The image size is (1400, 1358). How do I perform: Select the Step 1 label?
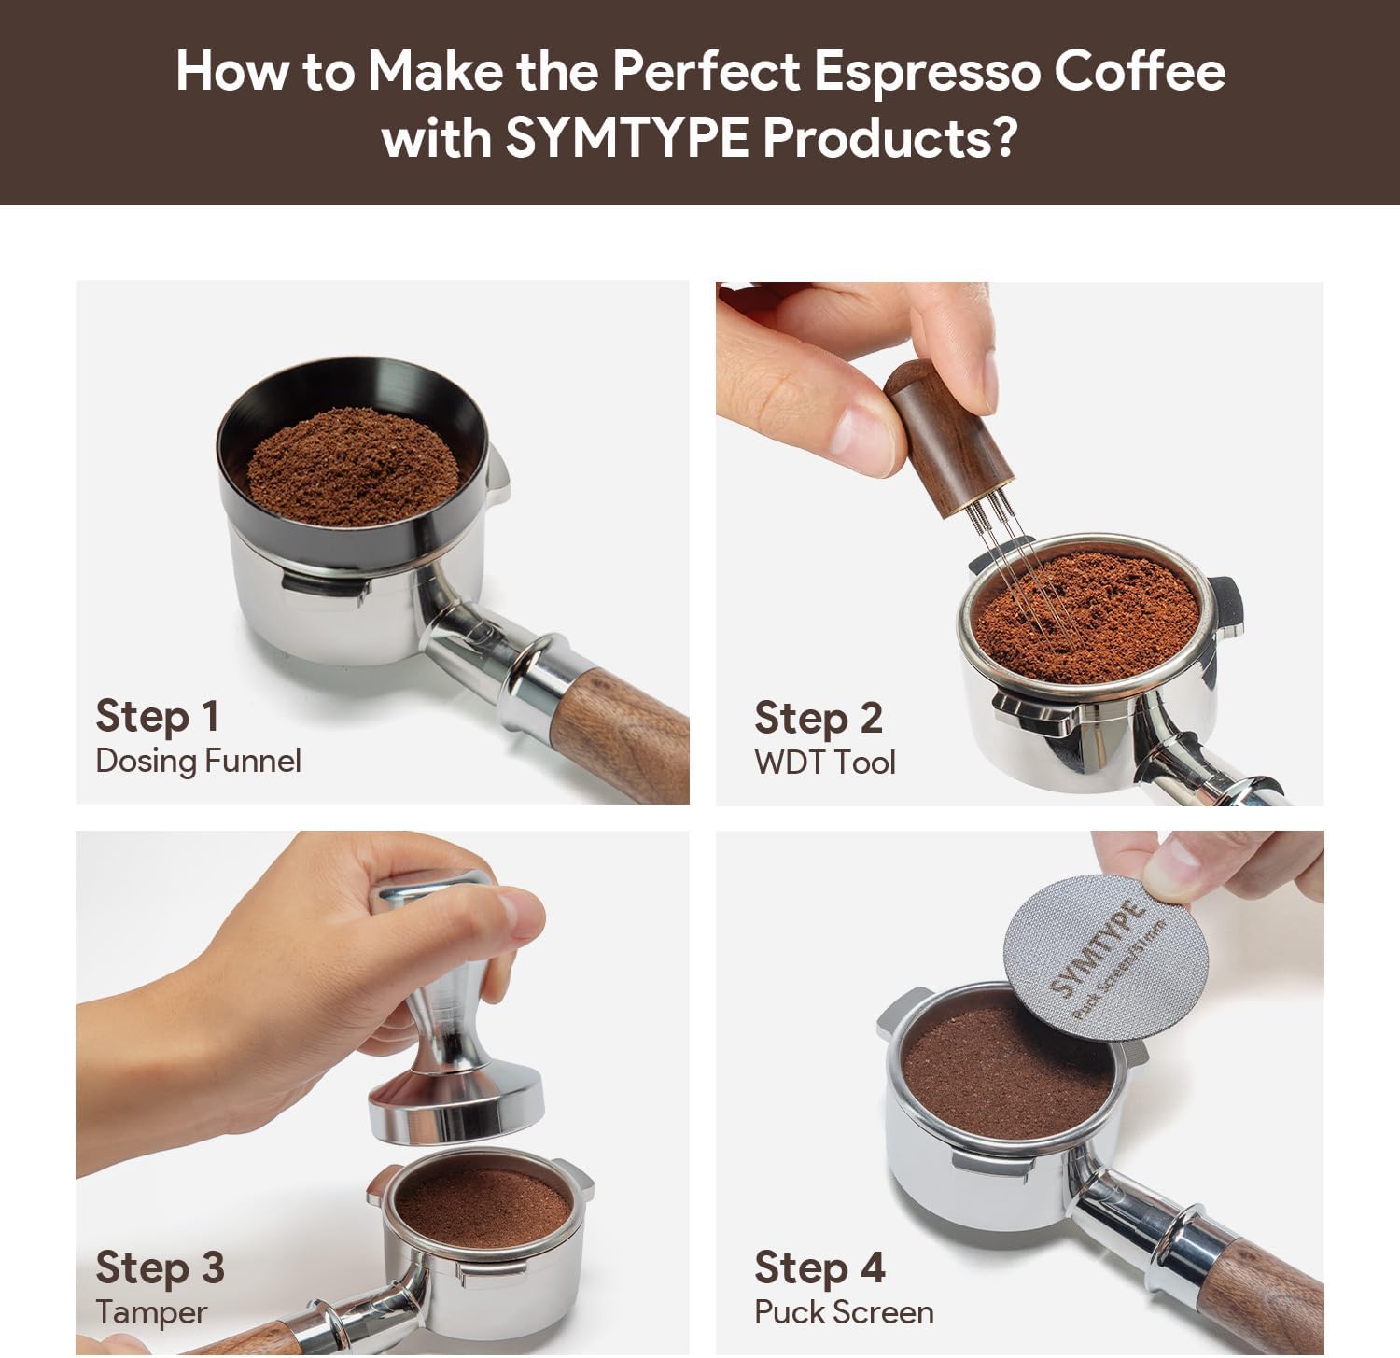point(158,717)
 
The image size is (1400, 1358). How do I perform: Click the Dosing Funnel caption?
point(198,761)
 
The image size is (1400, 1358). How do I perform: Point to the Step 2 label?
point(819,719)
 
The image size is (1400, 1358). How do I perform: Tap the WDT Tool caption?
point(825,763)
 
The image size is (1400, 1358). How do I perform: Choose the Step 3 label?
point(160,1268)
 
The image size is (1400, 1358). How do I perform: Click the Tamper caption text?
point(151,1312)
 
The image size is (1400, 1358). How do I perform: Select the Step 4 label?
point(819,1268)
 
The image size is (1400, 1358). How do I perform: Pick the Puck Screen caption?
point(844,1312)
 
